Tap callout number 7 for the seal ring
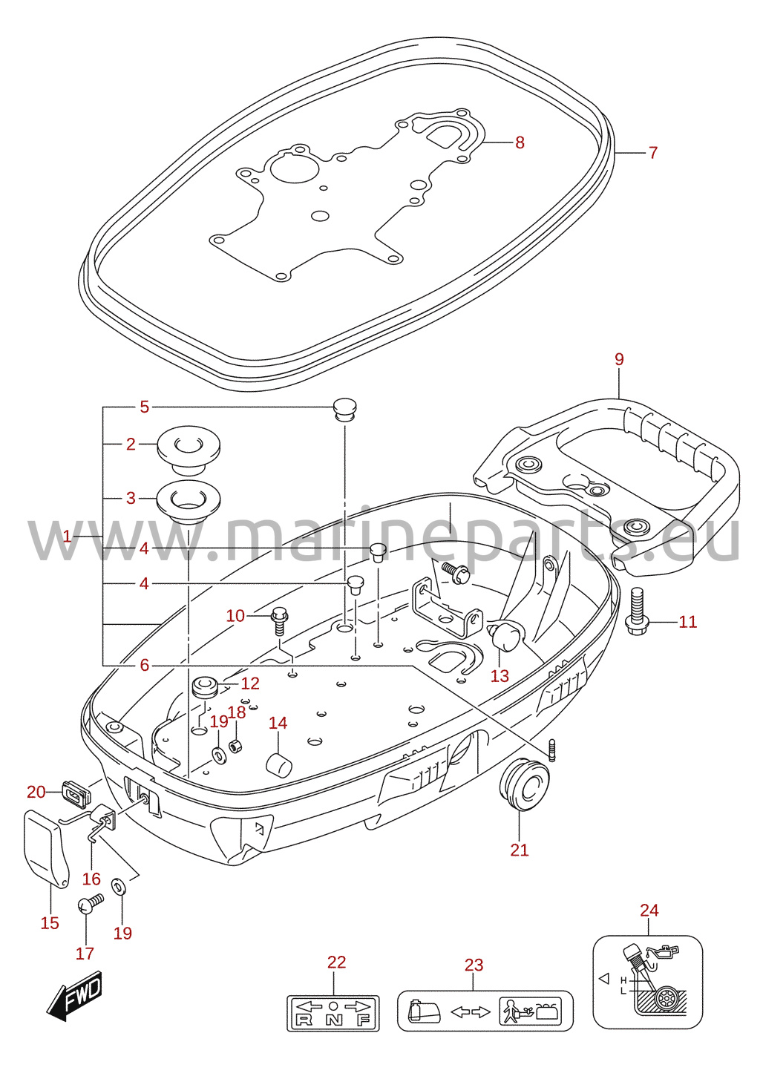(652, 153)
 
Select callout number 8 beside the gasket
(520, 142)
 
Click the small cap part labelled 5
(345, 410)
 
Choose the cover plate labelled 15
(45, 849)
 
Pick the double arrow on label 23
(470, 1012)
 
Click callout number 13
(500, 676)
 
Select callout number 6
(145, 665)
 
